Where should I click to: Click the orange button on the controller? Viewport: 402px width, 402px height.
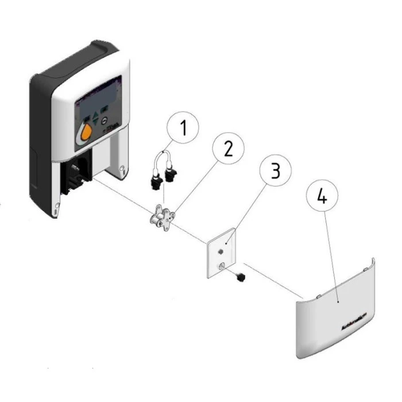tap(86, 133)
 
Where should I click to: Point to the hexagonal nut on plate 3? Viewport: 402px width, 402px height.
tap(221, 252)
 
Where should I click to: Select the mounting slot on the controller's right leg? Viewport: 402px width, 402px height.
tap(122, 168)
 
